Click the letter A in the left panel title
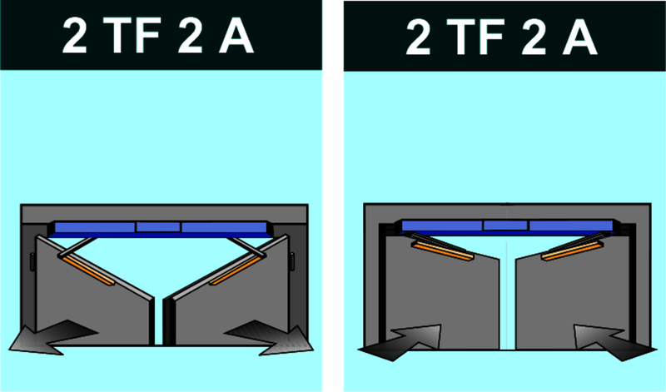click(236, 37)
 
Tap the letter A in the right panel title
click(580, 37)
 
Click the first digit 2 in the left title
click(74, 37)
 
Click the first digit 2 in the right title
click(419, 37)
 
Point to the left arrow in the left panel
click(53, 337)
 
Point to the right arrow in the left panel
click(269, 337)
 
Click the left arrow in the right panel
click(400, 343)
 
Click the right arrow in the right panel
click(615, 343)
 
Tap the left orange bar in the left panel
click(88, 270)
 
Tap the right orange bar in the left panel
click(235, 270)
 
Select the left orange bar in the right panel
click(443, 251)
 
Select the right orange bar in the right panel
click(572, 251)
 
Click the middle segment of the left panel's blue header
click(158, 226)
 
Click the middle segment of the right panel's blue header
click(505, 226)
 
